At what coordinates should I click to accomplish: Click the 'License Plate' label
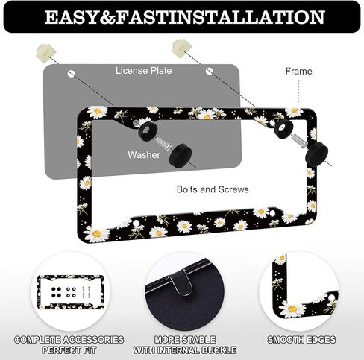click(x=144, y=71)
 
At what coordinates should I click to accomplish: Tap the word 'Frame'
click(x=298, y=72)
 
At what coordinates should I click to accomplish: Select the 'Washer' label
click(x=144, y=155)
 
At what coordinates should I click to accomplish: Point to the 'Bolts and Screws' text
click(x=213, y=189)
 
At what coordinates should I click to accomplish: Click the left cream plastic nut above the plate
click(x=46, y=53)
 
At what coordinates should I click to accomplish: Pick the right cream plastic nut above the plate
click(x=182, y=48)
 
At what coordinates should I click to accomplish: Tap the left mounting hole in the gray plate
click(x=72, y=74)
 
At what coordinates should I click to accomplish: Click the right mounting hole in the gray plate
click(x=210, y=72)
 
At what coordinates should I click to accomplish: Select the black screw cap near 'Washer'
click(x=181, y=156)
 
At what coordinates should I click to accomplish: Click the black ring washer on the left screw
click(x=148, y=131)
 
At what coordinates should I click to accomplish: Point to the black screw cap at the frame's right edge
click(x=316, y=154)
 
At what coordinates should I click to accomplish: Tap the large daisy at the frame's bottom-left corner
click(x=97, y=234)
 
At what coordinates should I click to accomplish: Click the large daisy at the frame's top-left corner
click(x=97, y=112)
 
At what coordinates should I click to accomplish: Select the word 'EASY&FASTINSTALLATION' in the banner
click(x=185, y=17)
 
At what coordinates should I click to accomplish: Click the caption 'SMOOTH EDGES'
click(x=301, y=340)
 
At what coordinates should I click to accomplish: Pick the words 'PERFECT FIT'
click(x=69, y=350)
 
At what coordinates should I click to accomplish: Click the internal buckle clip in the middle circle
click(x=183, y=281)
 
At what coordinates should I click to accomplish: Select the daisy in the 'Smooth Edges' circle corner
click(x=292, y=309)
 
